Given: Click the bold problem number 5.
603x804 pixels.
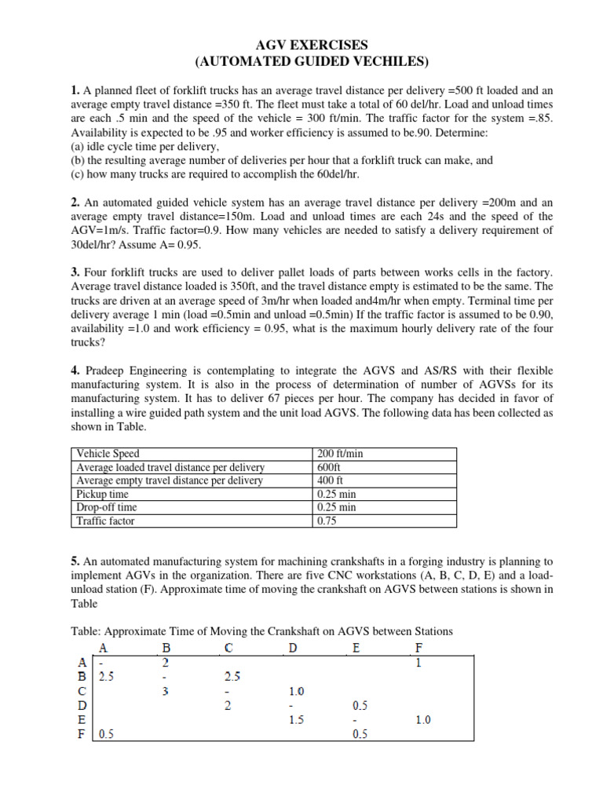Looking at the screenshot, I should pos(75,561).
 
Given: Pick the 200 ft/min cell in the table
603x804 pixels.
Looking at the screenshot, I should pos(340,454).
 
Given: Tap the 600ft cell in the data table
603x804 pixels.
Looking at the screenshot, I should pos(330,467).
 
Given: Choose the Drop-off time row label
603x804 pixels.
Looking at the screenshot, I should pos(106,507).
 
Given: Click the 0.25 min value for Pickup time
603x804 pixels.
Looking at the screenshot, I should pos(335,494).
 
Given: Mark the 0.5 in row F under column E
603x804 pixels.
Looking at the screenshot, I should pos(360,734).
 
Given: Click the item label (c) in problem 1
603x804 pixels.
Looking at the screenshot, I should pos(80,174).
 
